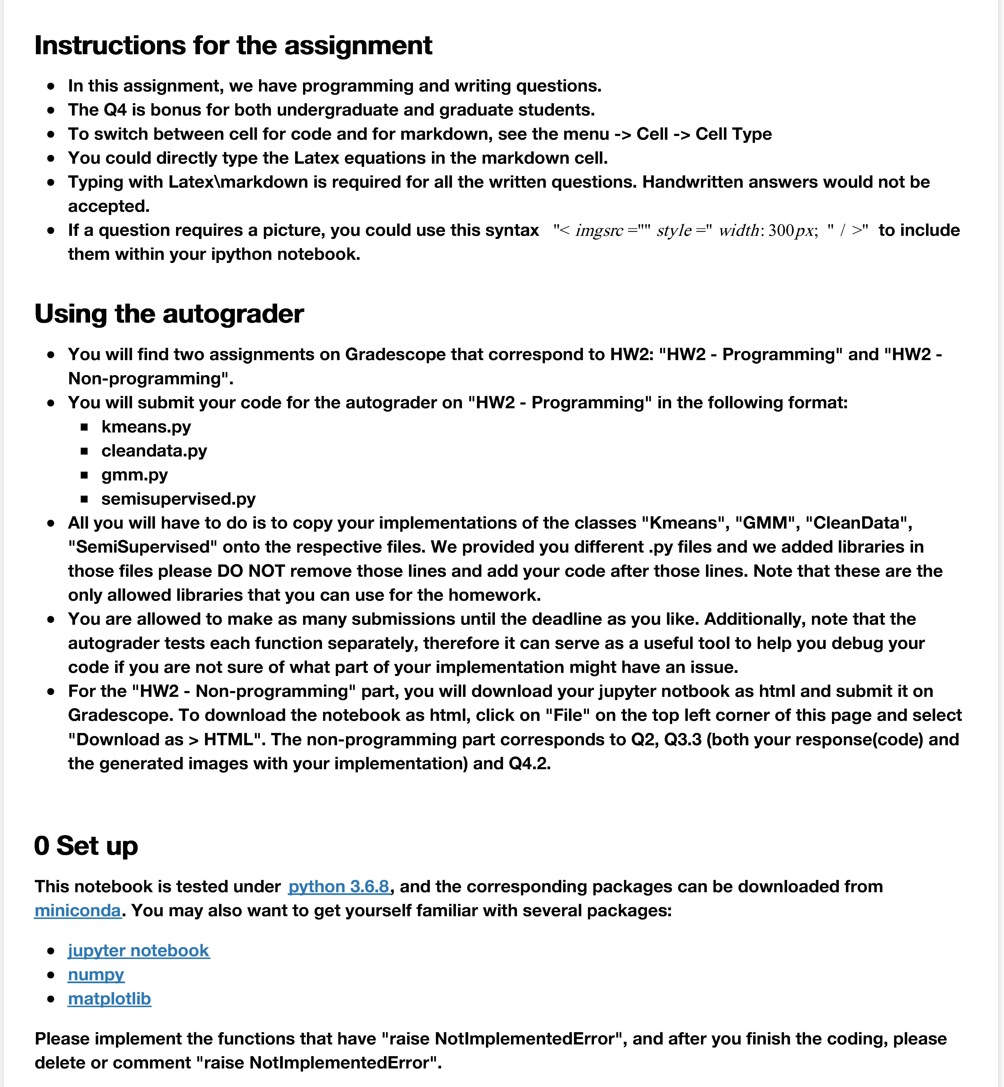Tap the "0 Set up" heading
click(86, 846)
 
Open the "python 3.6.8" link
click(338, 887)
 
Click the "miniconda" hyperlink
click(78, 910)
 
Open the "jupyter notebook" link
click(138, 951)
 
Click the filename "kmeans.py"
click(146, 427)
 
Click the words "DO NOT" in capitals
click(251, 571)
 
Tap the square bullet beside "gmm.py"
click(84, 475)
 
